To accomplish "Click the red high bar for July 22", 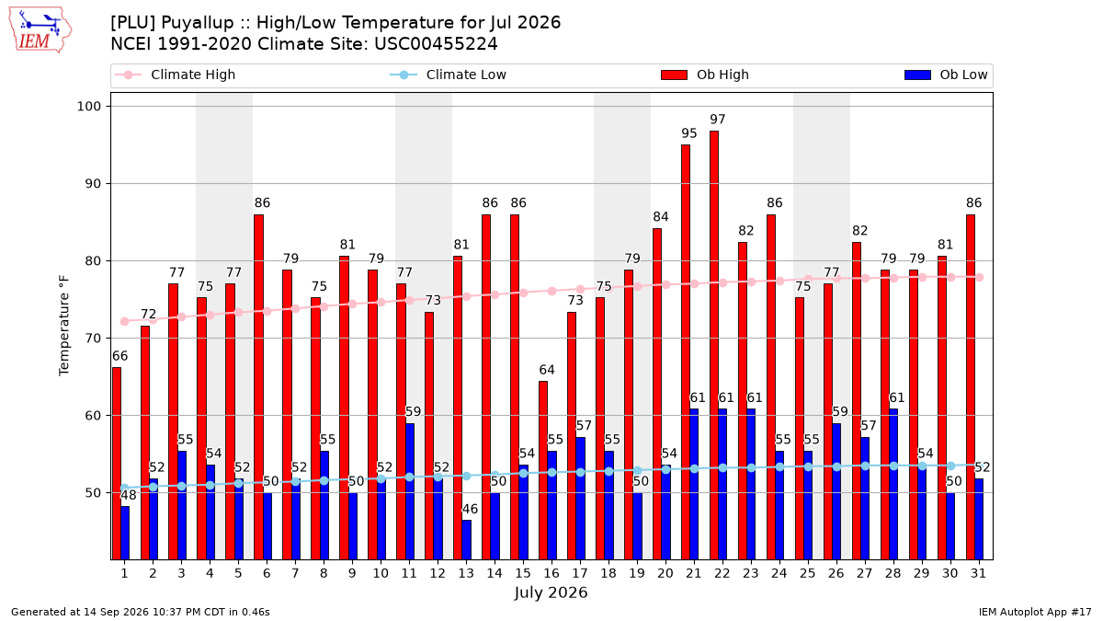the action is (714, 345).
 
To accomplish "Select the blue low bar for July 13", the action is (466, 540).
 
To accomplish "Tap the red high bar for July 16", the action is (543, 470).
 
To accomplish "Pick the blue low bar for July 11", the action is (409, 491).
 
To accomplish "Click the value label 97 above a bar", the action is (718, 120).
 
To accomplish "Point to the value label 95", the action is (688, 133).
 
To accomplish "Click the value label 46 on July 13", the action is (470, 509).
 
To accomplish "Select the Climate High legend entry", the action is (175, 75).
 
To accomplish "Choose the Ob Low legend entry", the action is (946, 75).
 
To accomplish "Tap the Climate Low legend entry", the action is (448, 75).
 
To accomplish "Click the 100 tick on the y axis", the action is (88, 107).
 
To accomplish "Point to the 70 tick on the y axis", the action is (93, 339).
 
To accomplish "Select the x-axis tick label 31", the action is (978, 573).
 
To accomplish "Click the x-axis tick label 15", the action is (522, 573).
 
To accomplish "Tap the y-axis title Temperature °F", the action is (64, 326).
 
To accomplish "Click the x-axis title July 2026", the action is (551, 592).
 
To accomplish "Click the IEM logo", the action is (40, 30).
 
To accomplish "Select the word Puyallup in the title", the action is (197, 23).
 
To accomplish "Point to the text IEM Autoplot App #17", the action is (1035, 612).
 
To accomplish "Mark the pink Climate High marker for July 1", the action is (125, 322).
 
